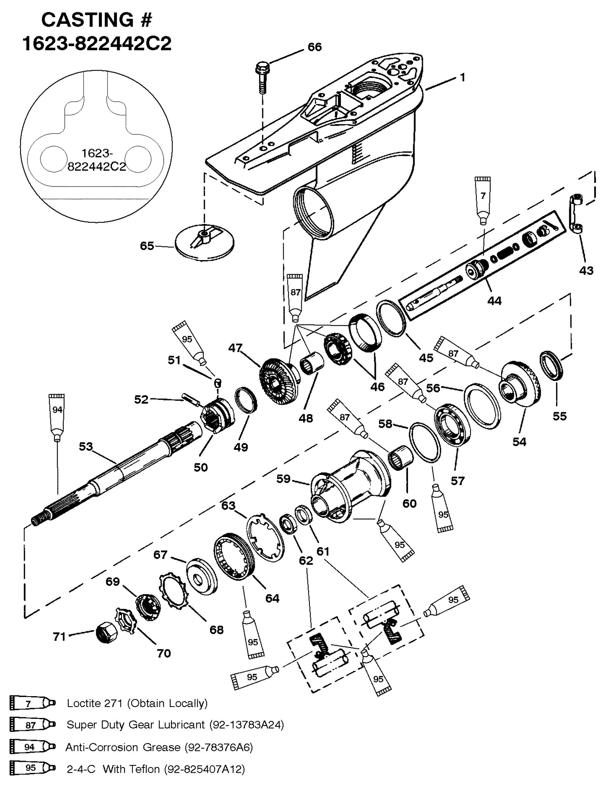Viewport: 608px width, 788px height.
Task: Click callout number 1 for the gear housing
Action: pos(462,77)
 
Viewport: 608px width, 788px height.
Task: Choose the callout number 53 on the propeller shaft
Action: pos(86,447)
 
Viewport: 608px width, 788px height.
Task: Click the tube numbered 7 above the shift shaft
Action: pos(483,201)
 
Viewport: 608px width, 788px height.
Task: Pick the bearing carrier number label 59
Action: pos(284,479)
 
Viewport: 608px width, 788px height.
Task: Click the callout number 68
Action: pos(216,630)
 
